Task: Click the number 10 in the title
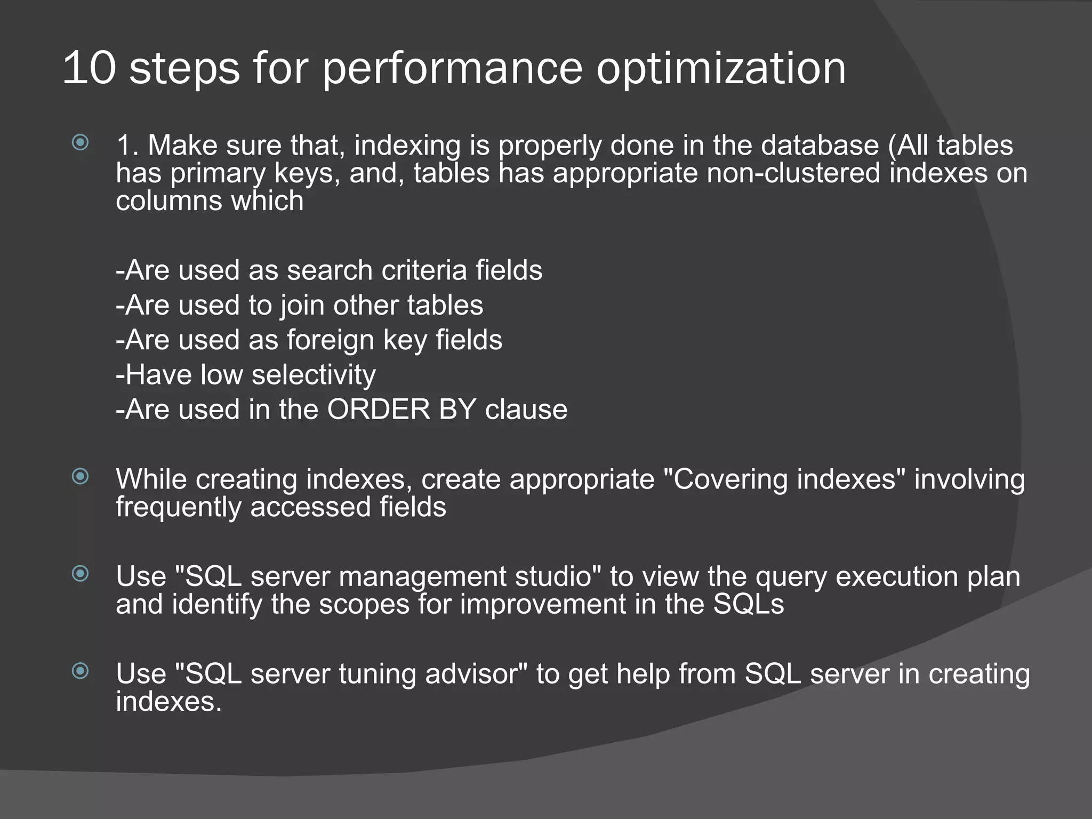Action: click(89, 68)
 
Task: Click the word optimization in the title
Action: click(720, 69)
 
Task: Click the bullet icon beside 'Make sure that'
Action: click(80, 142)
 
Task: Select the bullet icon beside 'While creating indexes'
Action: click(80, 476)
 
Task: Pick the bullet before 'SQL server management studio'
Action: click(80, 574)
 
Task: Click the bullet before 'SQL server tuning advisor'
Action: click(80, 671)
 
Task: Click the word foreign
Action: click(331, 341)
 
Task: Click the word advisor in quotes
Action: click(476, 674)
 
